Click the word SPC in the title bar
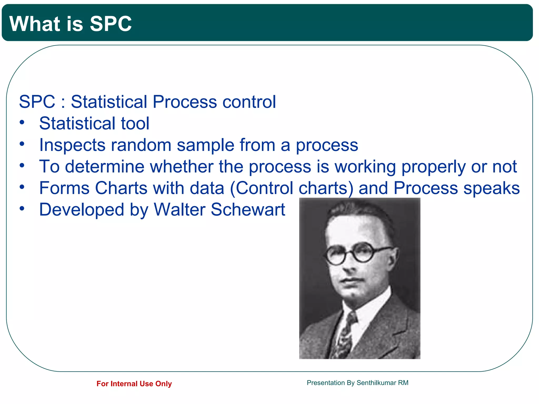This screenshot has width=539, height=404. [x=111, y=24]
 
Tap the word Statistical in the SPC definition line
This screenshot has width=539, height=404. [x=109, y=102]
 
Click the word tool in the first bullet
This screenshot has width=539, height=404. [x=135, y=123]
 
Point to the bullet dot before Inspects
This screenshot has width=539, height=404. [x=22, y=144]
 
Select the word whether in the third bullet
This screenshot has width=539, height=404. [x=182, y=166]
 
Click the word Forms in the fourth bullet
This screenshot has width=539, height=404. [x=64, y=188]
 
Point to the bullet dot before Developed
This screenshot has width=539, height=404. [x=22, y=209]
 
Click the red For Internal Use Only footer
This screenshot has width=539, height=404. [x=134, y=384]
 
